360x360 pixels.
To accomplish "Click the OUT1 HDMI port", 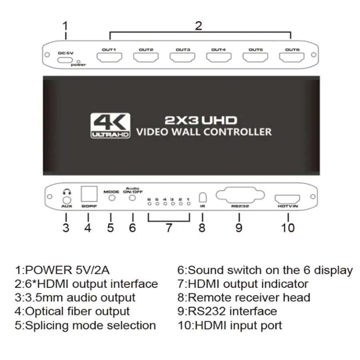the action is coord(109,57).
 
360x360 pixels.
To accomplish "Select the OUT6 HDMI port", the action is coord(292,57).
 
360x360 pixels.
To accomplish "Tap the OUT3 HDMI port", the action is coord(182,57).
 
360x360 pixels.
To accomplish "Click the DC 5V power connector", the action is coord(65,60).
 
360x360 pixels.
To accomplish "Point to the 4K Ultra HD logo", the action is coord(110,125).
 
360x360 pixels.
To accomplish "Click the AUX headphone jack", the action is coord(66,200).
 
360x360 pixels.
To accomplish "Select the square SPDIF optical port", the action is coord(89,194).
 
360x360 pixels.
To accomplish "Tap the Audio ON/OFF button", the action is coord(132,198).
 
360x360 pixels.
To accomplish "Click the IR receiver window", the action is coord(202,197).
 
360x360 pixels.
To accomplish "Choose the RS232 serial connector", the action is coord(240,195).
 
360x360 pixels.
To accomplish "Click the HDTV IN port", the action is coord(287,199).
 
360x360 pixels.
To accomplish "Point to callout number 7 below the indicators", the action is coord(169,228).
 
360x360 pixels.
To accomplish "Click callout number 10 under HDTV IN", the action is coord(288,228).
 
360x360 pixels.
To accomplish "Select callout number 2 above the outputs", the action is coord(198,26).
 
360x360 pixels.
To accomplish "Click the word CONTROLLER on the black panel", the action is coord(237,132).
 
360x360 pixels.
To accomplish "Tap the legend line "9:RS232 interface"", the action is coord(227,311).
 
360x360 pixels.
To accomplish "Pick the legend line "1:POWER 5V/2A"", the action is coord(62,270).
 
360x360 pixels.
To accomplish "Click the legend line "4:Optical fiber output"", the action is coord(72,311).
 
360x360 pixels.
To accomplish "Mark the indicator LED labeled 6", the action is coord(150,204).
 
